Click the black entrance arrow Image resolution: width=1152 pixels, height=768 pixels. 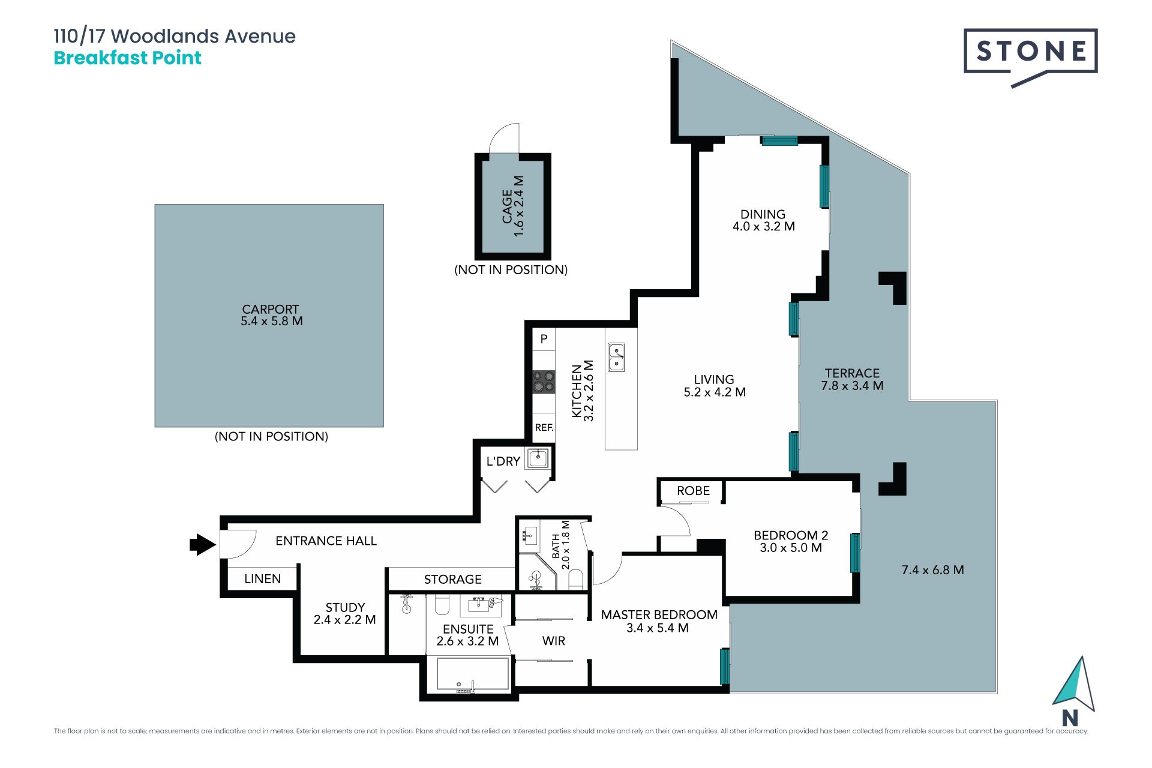click(203, 544)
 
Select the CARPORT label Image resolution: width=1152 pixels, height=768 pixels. click(271, 309)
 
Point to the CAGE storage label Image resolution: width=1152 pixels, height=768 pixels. click(508, 206)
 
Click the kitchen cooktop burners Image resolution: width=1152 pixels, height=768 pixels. click(544, 382)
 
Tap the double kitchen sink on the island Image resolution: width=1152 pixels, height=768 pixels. click(617, 357)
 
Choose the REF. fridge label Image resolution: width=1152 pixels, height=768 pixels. click(544, 428)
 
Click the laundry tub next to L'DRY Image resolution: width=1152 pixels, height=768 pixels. click(538, 459)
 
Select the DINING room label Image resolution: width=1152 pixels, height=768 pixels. click(763, 214)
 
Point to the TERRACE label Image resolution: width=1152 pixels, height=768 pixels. click(852, 373)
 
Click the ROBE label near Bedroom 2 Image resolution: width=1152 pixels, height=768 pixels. click(693, 491)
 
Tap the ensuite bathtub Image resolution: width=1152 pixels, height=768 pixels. click(473, 674)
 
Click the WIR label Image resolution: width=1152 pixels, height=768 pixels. click(554, 641)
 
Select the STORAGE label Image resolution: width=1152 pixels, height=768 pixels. click(453, 579)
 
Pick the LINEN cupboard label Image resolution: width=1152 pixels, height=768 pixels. click(263, 579)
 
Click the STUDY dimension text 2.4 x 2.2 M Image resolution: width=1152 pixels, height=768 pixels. click(345, 620)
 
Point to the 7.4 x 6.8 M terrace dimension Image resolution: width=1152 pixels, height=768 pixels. click(933, 570)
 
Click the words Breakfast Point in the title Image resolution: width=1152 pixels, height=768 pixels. click(127, 58)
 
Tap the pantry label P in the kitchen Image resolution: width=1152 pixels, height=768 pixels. click(544, 339)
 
